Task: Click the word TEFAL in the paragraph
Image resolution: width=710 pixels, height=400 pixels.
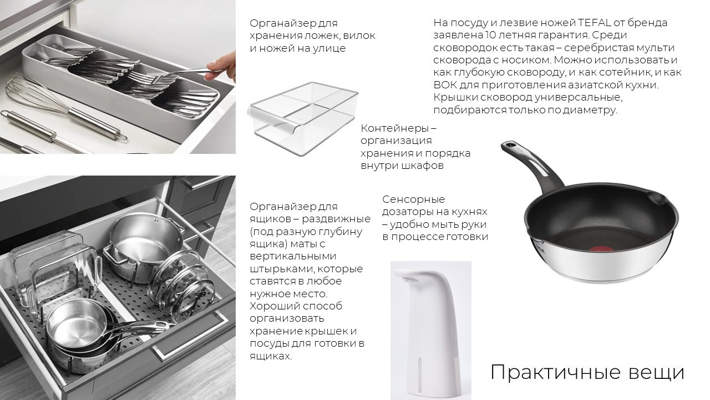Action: (595, 23)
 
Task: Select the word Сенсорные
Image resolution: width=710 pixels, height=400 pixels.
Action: (414, 199)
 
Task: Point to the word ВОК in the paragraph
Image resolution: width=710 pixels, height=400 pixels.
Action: (445, 85)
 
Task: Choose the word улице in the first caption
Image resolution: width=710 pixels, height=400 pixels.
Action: (331, 48)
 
